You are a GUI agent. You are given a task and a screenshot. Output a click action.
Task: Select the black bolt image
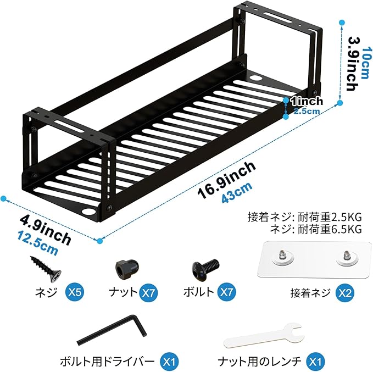(205, 269)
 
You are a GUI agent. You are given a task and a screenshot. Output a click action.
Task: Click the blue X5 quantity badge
(75, 292)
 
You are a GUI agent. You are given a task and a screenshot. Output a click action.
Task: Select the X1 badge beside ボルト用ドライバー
(169, 362)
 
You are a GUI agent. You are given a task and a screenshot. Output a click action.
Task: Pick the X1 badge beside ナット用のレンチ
(314, 362)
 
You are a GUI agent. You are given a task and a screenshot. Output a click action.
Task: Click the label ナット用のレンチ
(260, 362)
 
